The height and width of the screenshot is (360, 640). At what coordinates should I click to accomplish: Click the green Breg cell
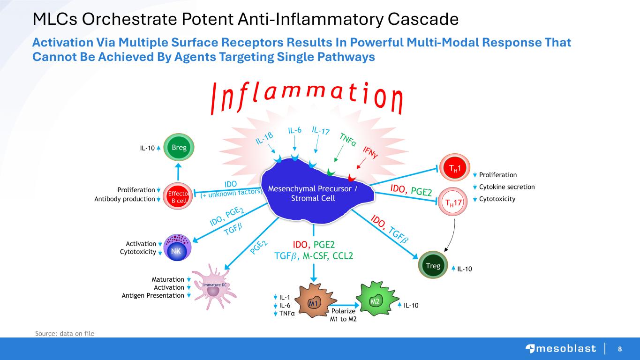tap(179, 148)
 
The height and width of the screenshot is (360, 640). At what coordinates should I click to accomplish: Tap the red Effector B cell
tap(179, 195)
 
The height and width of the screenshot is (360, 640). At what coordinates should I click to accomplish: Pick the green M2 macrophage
tap(375, 301)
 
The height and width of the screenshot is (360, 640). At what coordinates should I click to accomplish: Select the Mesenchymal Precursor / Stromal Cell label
tap(313, 193)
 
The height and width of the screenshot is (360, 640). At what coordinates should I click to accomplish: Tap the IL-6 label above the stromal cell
tap(294, 130)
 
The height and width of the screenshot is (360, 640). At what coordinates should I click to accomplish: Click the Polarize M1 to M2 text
tap(344, 315)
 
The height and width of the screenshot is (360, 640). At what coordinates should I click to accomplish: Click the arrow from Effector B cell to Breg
tap(179, 171)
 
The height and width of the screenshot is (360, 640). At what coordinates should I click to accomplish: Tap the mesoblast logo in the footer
tap(560, 348)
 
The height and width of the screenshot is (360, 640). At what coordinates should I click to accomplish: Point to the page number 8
tap(620, 349)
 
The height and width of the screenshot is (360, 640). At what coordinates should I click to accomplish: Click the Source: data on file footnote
tap(65, 333)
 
